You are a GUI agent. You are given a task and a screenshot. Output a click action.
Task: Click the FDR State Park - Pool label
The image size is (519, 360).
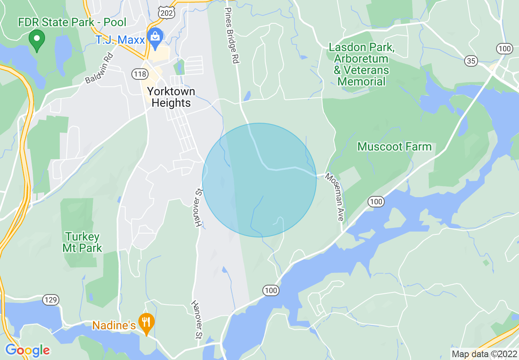tap(72, 22)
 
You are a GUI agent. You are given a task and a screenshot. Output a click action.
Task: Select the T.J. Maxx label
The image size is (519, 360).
tap(120, 40)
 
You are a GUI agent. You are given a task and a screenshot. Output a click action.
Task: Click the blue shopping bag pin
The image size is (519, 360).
tap(156, 38)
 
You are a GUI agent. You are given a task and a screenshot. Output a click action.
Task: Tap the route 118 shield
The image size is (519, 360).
tap(140, 74)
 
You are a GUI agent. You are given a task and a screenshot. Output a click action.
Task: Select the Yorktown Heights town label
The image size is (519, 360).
tap(171, 97)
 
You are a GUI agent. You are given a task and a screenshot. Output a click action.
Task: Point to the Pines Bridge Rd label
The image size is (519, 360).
tap(231, 35)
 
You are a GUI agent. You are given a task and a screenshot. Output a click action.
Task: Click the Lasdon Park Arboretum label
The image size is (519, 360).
tap(362, 64)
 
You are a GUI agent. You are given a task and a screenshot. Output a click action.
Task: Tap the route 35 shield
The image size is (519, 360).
tap(472, 61)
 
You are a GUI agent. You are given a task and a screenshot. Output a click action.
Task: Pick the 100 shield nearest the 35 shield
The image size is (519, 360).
tap(505, 49)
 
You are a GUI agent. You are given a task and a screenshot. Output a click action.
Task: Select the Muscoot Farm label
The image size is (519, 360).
tap(395, 146)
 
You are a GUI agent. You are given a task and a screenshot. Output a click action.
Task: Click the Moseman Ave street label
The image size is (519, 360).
tap(335, 197)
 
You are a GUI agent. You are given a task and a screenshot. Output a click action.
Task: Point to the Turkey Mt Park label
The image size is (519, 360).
tap(82, 242)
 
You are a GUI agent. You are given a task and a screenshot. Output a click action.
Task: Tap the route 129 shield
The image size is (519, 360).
tap(51, 300)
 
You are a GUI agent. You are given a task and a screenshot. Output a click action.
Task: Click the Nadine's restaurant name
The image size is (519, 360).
tap(114, 325)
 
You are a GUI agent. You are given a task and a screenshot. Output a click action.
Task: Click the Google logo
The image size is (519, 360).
tap(27, 350)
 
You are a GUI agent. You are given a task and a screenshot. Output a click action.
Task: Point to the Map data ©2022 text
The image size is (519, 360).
tap(484, 354)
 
